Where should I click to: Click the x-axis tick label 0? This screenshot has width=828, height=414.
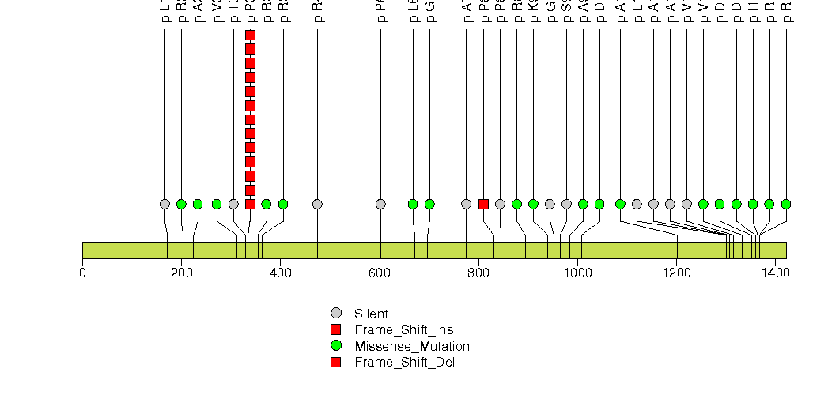click(82, 273)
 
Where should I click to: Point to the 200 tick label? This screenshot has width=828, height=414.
click(181, 273)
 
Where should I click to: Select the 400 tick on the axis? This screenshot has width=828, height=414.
click(280, 273)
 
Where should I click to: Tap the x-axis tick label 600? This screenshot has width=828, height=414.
click(379, 273)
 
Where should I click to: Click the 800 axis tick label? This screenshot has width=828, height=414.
click(478, 273)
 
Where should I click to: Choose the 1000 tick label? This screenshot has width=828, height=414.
click(577, 273)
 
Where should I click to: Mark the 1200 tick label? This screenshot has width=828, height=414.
click(676, 273)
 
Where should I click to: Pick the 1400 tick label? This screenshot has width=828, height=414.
click(776, 273)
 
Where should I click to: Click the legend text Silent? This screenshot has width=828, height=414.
click(371, 314)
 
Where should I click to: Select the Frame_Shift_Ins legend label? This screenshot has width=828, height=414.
click(403, 329)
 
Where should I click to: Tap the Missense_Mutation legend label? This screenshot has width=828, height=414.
click(412, 346)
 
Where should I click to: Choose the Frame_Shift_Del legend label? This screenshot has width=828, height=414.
click(404, 362)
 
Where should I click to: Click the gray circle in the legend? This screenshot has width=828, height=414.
click(336, 313)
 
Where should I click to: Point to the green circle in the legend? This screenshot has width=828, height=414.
click(336, 346)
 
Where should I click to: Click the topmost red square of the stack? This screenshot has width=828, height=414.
click(250, 35)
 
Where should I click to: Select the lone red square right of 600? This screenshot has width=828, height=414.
click(483, 204)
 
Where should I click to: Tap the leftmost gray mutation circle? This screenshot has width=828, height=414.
click(164, 204)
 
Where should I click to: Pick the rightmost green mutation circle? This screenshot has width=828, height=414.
click(786, 204)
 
